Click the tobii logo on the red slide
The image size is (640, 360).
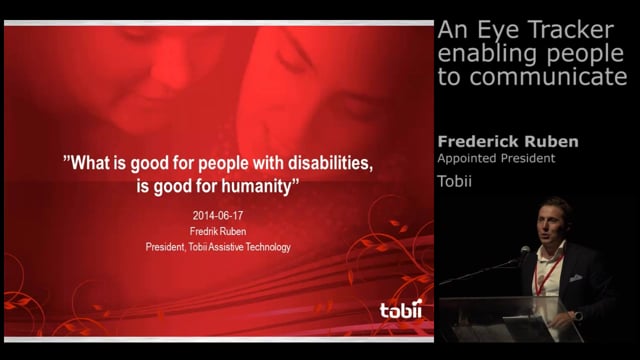click(x=401, y=310)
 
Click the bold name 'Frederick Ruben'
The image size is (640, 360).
click(x=508, y=142)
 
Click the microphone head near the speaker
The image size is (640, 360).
click(x=524, y=251)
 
